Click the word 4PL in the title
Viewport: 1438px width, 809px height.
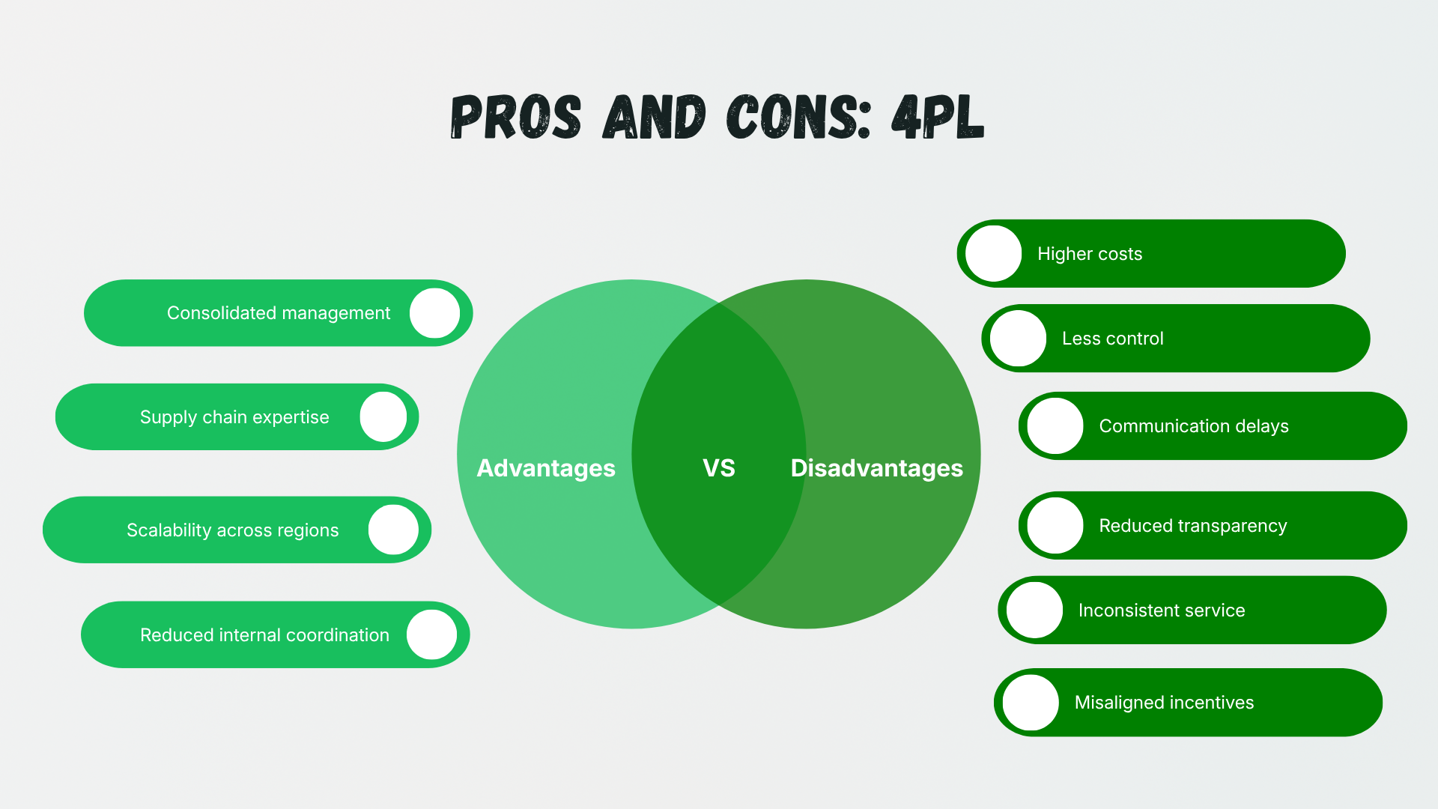pos(937,118)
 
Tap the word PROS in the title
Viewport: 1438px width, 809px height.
pos(516,118)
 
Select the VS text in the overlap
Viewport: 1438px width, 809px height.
pos(719,468)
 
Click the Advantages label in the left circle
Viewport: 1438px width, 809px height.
pos(546,468)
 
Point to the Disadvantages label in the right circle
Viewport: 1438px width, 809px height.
pos(876,468)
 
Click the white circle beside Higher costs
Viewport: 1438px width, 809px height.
pos(994,254)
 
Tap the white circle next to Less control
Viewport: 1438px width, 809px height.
pos(1019,339)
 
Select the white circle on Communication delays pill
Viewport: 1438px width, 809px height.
pos(1055,426)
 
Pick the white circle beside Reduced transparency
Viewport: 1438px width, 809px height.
pos(1055,526)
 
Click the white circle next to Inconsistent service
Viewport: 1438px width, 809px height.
pos(1035,610)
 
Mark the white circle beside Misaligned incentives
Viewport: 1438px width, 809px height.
pos(1031,703)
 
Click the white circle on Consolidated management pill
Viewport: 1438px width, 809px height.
pos(434,313)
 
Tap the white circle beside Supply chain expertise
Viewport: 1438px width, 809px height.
pos(383,417)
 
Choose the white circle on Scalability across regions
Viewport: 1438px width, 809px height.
pos(393,530)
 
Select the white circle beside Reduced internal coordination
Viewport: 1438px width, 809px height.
pos(432,634)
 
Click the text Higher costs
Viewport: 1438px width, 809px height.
pos(1090,254)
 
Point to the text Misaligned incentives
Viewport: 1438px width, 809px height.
pos(1164,703)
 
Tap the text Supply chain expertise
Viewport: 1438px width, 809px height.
pos(234,417)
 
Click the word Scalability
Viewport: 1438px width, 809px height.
pos(169,530)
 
